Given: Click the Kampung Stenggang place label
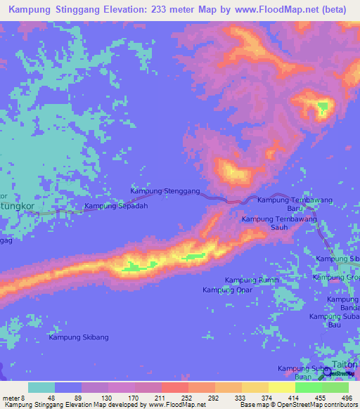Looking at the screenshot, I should (x=165, y=190).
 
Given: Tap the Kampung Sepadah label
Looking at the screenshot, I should (x=116, y=206).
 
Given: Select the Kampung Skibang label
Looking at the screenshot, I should (x=79, y=337).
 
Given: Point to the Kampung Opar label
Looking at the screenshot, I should (x=227, y=290).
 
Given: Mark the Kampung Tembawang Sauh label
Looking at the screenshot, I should (x=280, y=223).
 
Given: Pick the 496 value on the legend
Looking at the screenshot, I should (x=347, y=397).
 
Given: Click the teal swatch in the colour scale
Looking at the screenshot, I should (x=41, y=387).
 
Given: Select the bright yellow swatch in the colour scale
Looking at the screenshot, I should (x=281, y=387).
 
